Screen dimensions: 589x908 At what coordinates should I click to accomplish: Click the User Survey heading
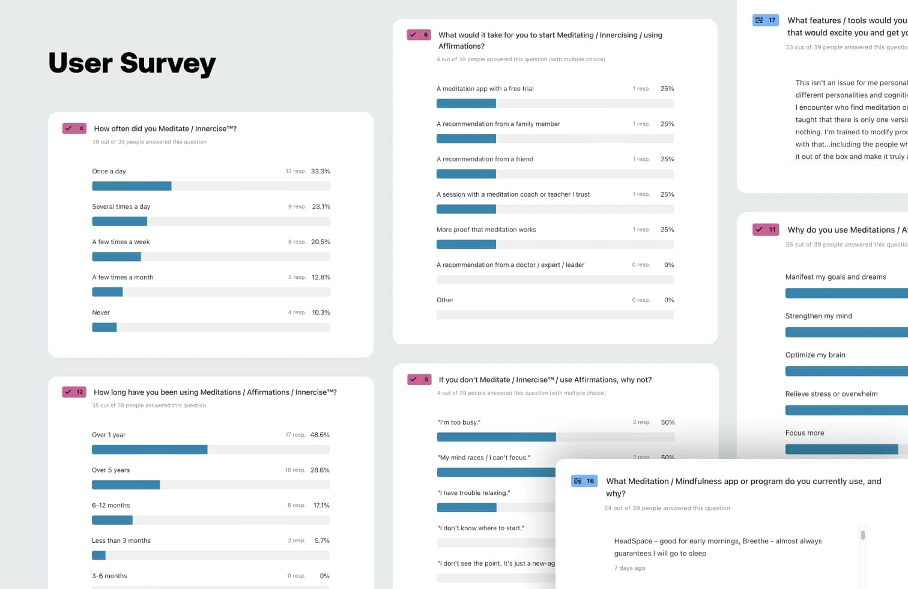coord(132,64)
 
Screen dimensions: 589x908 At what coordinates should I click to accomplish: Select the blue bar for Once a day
coord(132,186)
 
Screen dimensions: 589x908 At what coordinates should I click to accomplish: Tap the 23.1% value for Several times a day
coord(321,207)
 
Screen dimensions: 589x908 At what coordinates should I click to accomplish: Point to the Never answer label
coord(101,312)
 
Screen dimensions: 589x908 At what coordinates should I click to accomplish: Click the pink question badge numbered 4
coord(74,128)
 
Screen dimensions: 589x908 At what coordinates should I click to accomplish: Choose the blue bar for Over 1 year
coord(150,449)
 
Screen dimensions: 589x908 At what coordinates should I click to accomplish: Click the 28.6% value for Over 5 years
coord(319,470)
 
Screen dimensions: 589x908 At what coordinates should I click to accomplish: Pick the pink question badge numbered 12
coord(74,392)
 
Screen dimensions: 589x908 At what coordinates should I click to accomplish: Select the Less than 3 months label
coord(121,540)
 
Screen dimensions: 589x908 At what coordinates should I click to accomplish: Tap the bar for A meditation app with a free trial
coord(466,103)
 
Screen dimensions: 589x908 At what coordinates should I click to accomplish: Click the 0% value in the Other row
coord(668,300)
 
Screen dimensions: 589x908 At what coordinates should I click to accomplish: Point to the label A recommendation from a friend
coord(485,159)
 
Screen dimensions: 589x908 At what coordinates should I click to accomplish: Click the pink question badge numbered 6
coord(419,35)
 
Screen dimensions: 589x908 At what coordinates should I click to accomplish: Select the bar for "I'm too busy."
coord(496,437)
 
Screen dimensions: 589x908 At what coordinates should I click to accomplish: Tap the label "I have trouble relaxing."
coord(474,493)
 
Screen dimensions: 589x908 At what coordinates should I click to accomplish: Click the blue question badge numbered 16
coord(584,481)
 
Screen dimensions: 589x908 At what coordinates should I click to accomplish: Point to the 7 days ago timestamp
coord(629,568)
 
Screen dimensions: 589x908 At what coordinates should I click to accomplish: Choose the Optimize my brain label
coord(815,355)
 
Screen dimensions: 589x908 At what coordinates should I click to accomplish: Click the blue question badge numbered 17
coord(766,20)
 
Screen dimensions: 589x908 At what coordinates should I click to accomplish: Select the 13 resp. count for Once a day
coord(295,172)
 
